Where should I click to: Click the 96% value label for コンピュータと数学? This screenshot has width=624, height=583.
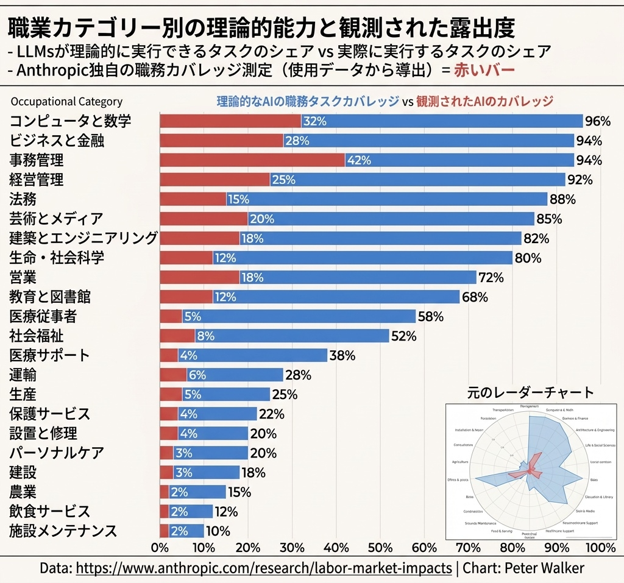coord(597,121)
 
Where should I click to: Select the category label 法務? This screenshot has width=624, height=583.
coord(23,199)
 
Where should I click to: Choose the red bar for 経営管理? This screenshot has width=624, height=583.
coord(214,180)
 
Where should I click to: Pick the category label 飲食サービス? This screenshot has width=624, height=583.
coord(50,511)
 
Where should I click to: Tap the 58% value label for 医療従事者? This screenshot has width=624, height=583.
coord(430,316)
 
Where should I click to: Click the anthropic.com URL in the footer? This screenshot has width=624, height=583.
coord(264,568)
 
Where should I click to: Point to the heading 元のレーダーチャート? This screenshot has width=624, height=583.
coord(530,392)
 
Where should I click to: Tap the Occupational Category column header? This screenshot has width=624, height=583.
coord(66,102)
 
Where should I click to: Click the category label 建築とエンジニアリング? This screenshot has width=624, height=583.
coord(84,238)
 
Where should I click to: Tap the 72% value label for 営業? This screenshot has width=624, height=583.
coord(491,277)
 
